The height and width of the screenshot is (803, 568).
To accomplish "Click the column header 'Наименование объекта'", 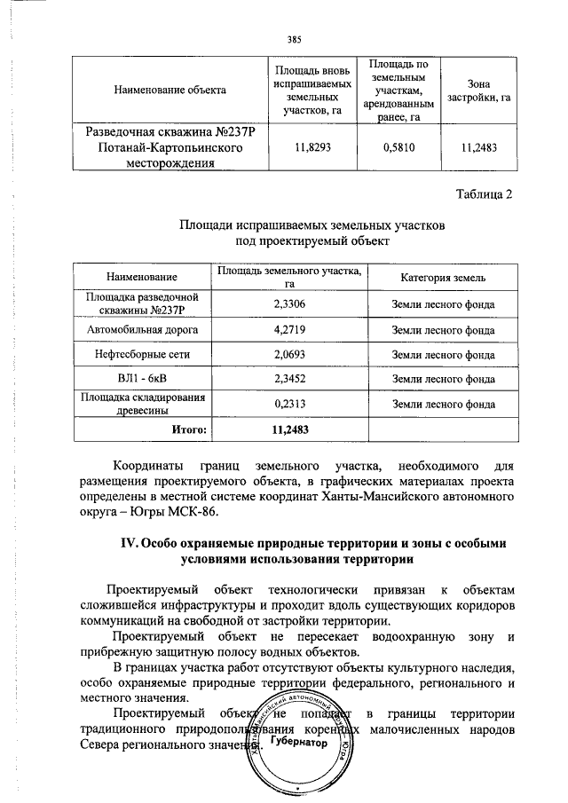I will [x=169, y=90].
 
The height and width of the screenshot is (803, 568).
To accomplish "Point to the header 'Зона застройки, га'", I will [x=480, y=90].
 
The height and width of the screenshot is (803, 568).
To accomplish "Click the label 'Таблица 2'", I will [x=484, y=195].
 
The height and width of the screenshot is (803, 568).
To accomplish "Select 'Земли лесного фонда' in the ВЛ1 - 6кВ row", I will [x=443, y=380].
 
